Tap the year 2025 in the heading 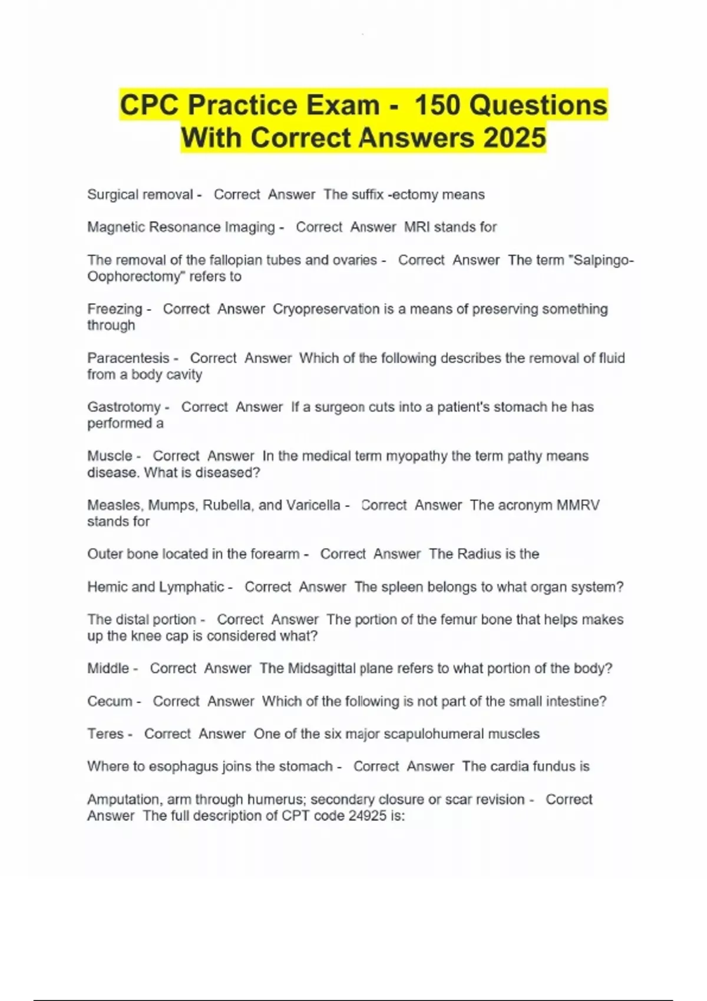(514, 138)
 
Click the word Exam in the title (342, 106)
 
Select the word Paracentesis (128, 358)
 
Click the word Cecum (110, 701)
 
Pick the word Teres (105, 734)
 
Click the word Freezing (115, 309)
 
